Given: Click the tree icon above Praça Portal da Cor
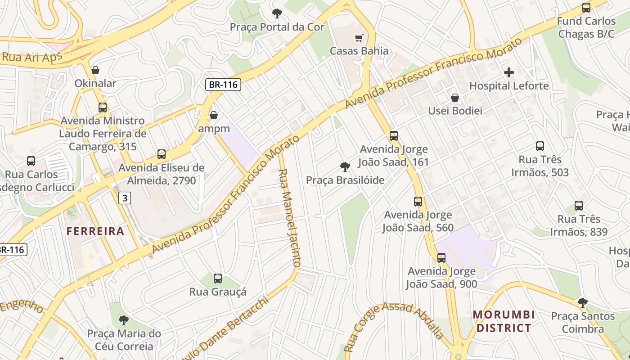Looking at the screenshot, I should pos(277,13).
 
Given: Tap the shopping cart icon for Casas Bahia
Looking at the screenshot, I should pos(359,38).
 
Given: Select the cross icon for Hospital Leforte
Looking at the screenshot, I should pos(509,72).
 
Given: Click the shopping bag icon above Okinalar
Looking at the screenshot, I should pos(95,70).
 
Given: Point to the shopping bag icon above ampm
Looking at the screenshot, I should pos(214,116).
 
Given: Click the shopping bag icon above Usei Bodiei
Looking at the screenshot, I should pos(455,98).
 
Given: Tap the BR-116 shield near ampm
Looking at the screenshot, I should pos(224,84).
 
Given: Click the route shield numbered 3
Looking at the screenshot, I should pos(125,198).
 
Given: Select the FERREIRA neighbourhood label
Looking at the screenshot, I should pos(95,231).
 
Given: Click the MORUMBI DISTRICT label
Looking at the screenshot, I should pos(504,321).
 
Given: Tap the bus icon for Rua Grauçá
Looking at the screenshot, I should pos(218,279).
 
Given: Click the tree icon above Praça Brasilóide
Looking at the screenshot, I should pos(345,167).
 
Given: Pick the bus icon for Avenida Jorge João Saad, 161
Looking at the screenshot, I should pos(394,136).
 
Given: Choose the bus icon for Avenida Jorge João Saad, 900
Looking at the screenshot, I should pos(441,258).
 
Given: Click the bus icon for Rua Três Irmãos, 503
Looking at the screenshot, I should pos(540,146).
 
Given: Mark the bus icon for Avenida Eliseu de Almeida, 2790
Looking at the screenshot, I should pos(162,155).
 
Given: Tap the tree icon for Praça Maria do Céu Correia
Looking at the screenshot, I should pos(124,320).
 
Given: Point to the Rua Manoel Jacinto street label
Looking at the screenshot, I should pos(289,218).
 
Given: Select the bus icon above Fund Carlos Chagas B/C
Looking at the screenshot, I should pos(586,8).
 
